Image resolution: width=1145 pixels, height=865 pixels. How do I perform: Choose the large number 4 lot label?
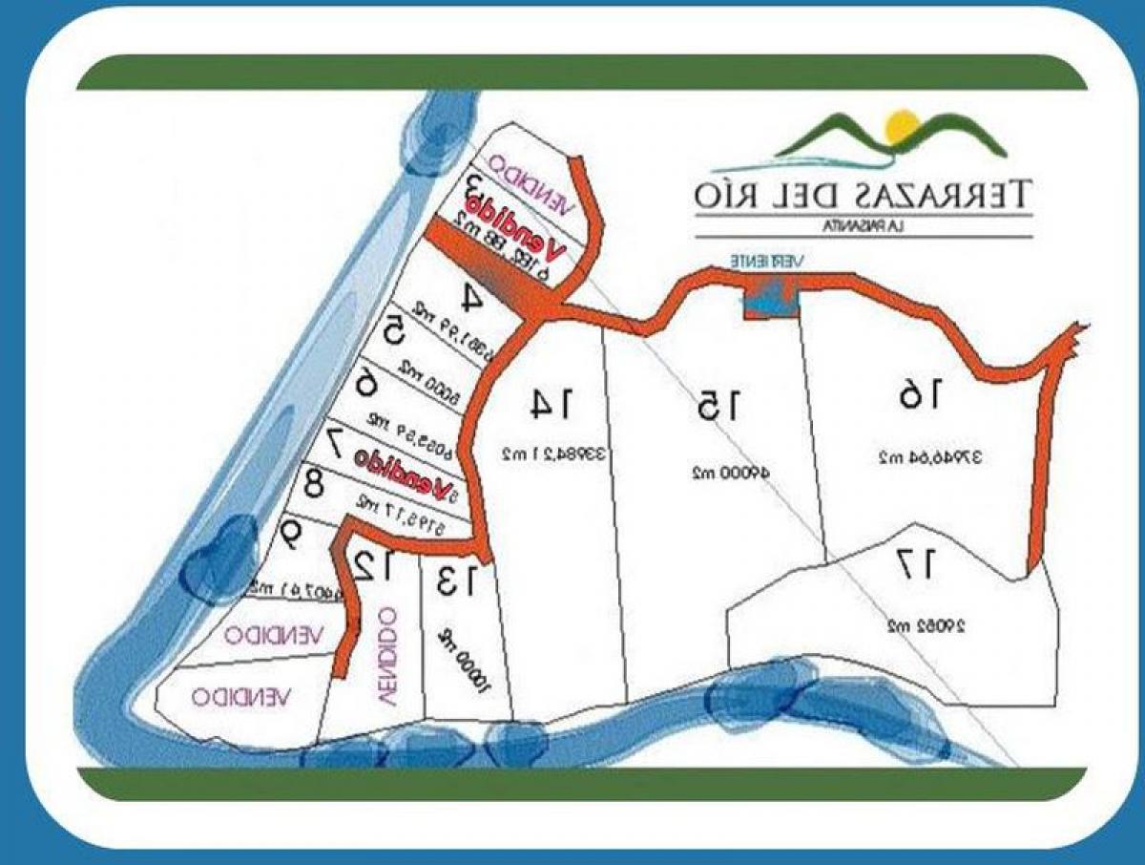(x=470, y=298)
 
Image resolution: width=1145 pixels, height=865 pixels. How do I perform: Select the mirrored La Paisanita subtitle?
(x=863, y=226)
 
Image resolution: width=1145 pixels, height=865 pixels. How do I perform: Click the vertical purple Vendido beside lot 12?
(x=386, y=658)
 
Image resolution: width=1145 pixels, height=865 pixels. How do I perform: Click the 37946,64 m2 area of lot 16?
(x=931, y=457)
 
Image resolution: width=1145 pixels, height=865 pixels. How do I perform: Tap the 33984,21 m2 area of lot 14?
(x=553, y=455)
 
